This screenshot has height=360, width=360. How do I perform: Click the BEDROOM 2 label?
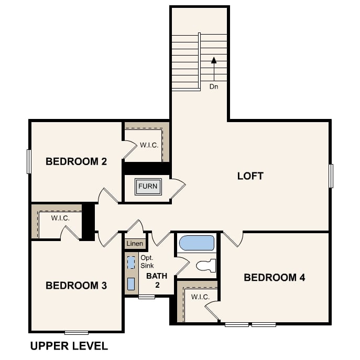(x=76, y=161)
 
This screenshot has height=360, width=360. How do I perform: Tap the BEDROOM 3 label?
(x=76, y=286)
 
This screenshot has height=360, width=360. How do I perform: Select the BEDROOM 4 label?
(x=274, y=277)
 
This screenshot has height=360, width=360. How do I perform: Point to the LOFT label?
(x=250, y=176)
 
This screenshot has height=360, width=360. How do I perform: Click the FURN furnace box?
(x=148, y=187)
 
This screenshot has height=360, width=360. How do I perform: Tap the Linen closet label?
(x=134, y=244)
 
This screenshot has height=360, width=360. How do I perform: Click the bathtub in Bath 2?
(x=197, y=243)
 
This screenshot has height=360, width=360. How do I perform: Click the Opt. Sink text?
(x=147, y=261)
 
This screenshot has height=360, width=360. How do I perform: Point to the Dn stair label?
(x=214, y=86)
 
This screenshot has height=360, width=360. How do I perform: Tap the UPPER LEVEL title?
(x=69, y=346)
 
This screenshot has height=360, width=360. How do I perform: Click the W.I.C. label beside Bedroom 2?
(x=149, y=145)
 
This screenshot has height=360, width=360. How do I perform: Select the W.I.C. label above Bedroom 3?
(x=60, y=217)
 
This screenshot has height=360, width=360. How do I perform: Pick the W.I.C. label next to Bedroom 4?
(x=200, y=297)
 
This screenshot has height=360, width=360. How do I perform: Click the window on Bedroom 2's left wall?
(x=29, y=161)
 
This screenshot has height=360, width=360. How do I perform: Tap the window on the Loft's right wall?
(x=331, y=176)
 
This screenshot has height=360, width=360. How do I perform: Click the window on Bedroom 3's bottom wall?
(x=76, y=332)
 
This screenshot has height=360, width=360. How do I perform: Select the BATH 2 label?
(x=157, y=280)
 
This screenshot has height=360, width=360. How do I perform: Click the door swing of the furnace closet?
(x=178, y=189)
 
